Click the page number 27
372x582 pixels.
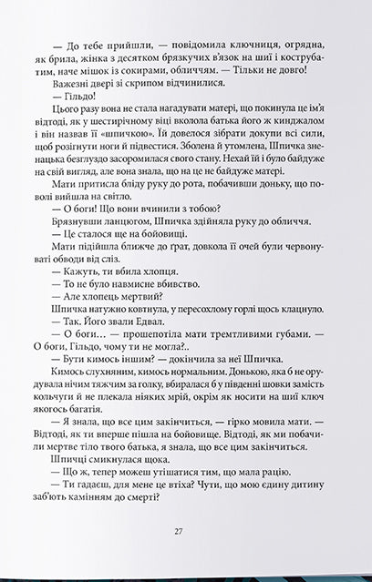pyautogui.click(x=186, y=533)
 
